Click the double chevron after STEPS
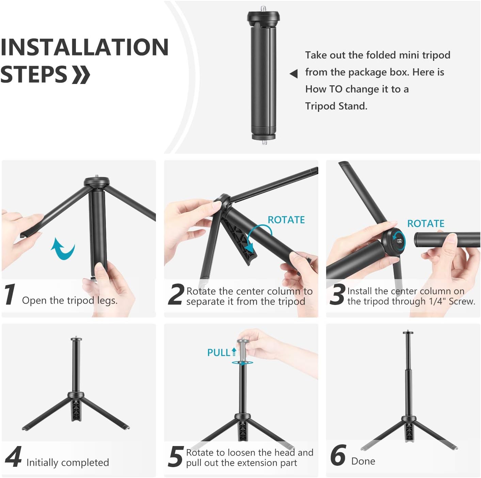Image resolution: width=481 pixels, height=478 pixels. tap(81, 74)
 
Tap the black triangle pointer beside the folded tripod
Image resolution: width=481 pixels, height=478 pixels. tap(293, 73)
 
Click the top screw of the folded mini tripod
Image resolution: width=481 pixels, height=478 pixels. tap(263, 8)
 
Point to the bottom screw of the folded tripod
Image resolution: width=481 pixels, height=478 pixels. tap(264, 142)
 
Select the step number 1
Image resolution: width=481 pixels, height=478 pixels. tap(10, 294)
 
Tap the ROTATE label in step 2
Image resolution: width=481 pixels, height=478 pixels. tap(286, 220)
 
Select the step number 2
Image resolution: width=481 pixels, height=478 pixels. tap(176, 294)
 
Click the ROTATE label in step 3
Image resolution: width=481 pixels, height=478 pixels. tap(426, 224)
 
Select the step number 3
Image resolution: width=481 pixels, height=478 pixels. tap(337, 294)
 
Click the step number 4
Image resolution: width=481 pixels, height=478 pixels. tap(14, 457)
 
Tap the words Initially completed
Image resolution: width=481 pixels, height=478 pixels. tap(68, 463)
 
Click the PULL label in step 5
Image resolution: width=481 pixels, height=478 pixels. tap(219, 353)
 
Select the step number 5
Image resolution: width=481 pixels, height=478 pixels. tap(176, 457)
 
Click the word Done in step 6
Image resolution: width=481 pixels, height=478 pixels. tap(363, 461)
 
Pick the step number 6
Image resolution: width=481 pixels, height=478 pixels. tap(338, 456)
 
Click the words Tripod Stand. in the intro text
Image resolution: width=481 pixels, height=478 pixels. tap(336, 106)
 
